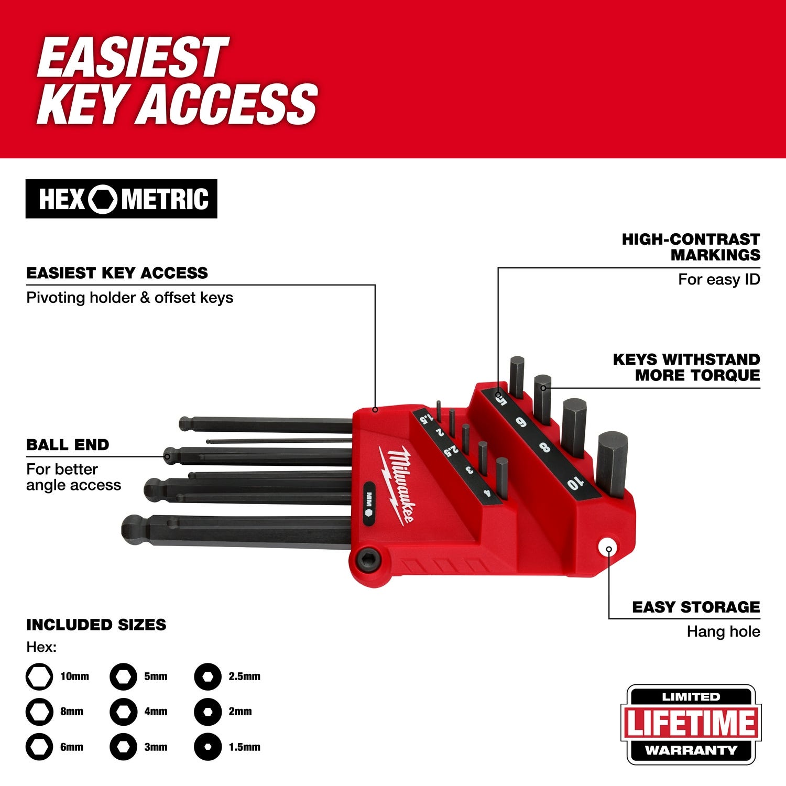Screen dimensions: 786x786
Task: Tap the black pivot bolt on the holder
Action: pos(367,560)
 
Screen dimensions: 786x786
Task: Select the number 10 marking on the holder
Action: pos(575,483)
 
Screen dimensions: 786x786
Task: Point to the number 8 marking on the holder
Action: pos(544,447)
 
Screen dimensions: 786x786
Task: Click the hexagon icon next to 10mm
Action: pos(39,676)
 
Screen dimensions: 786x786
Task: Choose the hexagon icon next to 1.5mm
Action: pos(208,747)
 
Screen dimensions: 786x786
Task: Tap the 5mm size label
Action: pos(156,676)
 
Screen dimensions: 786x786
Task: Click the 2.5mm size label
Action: pos(244,676)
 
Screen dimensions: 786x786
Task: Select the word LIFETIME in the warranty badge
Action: pos(691,724)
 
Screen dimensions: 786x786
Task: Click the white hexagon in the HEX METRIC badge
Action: pos(103,199)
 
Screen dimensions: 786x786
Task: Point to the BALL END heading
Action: pos(68,445)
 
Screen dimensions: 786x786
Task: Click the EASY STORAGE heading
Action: pos(695,607)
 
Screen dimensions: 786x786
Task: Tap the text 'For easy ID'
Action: pos(718,279)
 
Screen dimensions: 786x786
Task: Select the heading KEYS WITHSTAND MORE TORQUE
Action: pos(686,367)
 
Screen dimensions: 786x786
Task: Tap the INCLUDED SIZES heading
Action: pos(96,625)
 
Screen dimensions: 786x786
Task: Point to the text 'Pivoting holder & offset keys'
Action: pos(129,298)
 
